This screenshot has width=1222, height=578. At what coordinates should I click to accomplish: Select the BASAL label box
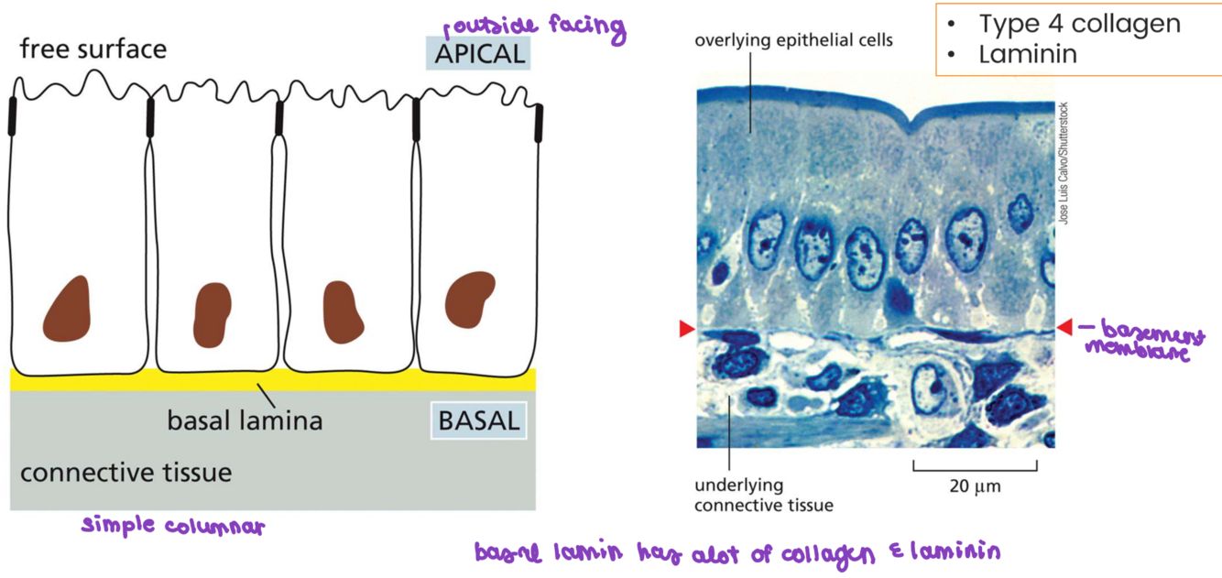click(479, 421)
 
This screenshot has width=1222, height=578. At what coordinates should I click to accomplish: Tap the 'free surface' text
click(93, 49)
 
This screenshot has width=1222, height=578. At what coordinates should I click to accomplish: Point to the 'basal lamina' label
click(245, 421)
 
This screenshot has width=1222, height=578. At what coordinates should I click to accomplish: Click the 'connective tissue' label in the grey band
click(126, 473)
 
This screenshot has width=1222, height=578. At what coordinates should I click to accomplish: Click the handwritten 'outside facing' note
click(534, 26)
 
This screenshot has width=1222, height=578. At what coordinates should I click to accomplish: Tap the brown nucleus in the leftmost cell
click(68, 308)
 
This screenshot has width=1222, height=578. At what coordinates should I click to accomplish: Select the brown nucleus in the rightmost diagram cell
click(468, 298)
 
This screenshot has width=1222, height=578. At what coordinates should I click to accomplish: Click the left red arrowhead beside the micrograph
click(687, 329)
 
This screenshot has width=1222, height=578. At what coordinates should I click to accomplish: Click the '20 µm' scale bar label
click(974, 486)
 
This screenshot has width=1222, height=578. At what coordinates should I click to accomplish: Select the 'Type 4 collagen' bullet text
click(1079, 24)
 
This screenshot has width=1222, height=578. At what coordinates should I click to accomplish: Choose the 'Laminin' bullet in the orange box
click(1027, 54)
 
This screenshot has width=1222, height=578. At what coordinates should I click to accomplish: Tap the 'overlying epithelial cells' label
click(793, 39)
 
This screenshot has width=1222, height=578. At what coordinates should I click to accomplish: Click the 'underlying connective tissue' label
click(764, 495)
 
